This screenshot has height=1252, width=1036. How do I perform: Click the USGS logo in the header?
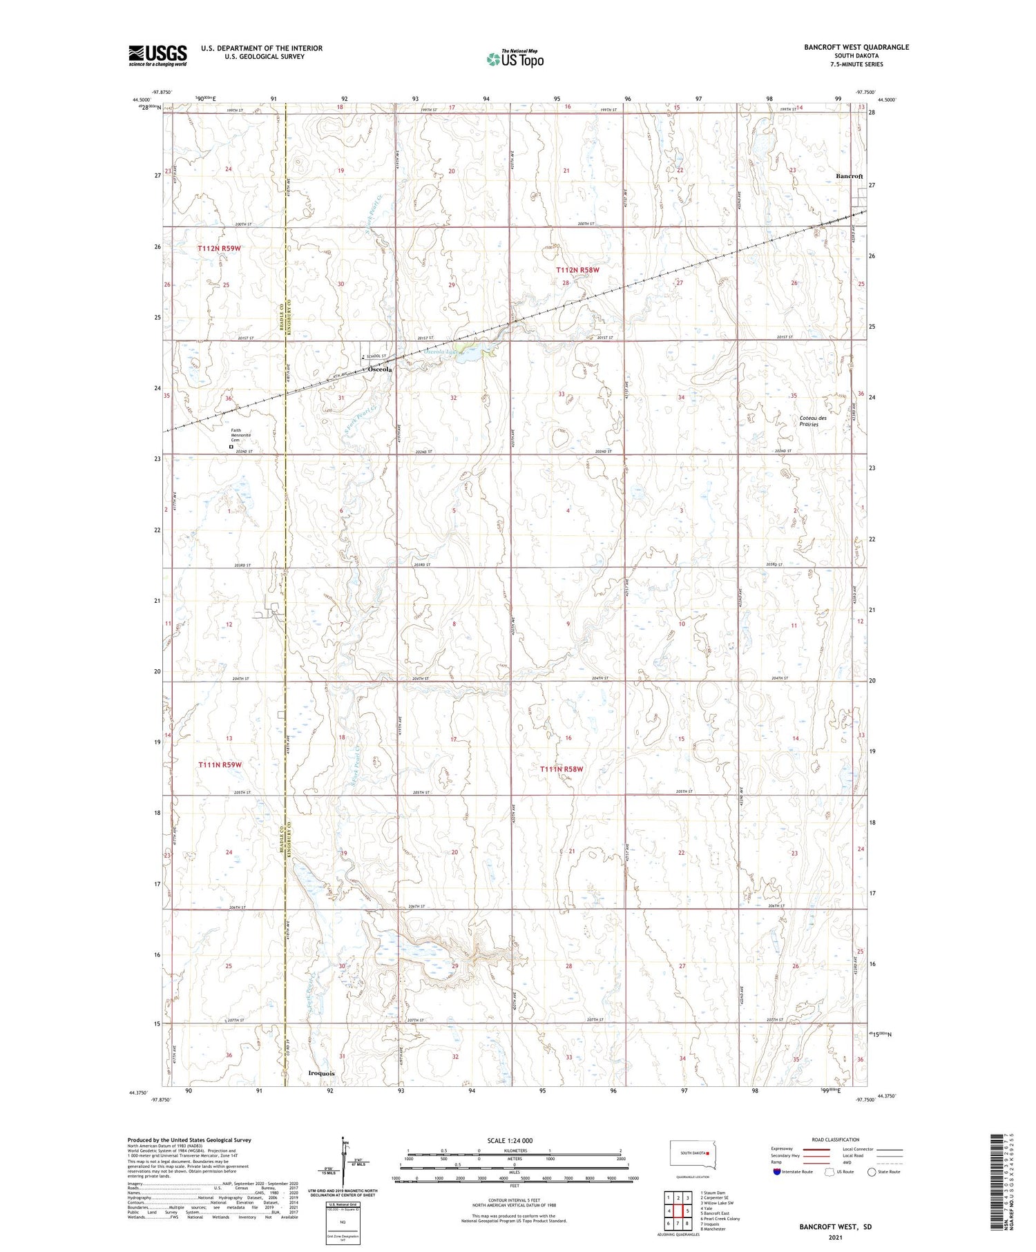click(157, 55)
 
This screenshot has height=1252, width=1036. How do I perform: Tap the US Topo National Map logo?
click(515, 59)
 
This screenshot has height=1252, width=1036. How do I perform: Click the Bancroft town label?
click(849, 176)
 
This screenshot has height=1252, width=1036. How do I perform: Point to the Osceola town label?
click(380, 369)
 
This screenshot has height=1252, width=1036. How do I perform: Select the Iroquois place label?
click(320, 1073)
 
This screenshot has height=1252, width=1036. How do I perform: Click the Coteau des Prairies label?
click(813, 421)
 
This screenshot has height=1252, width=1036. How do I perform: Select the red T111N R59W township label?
click(220, 764)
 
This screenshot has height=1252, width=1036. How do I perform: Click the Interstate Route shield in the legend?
click(777, 1171)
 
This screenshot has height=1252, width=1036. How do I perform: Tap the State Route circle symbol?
click(872, 1171)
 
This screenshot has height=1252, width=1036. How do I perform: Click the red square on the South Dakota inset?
click(708, 1152)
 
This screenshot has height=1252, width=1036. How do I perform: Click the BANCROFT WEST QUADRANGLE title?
click(856, 47)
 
